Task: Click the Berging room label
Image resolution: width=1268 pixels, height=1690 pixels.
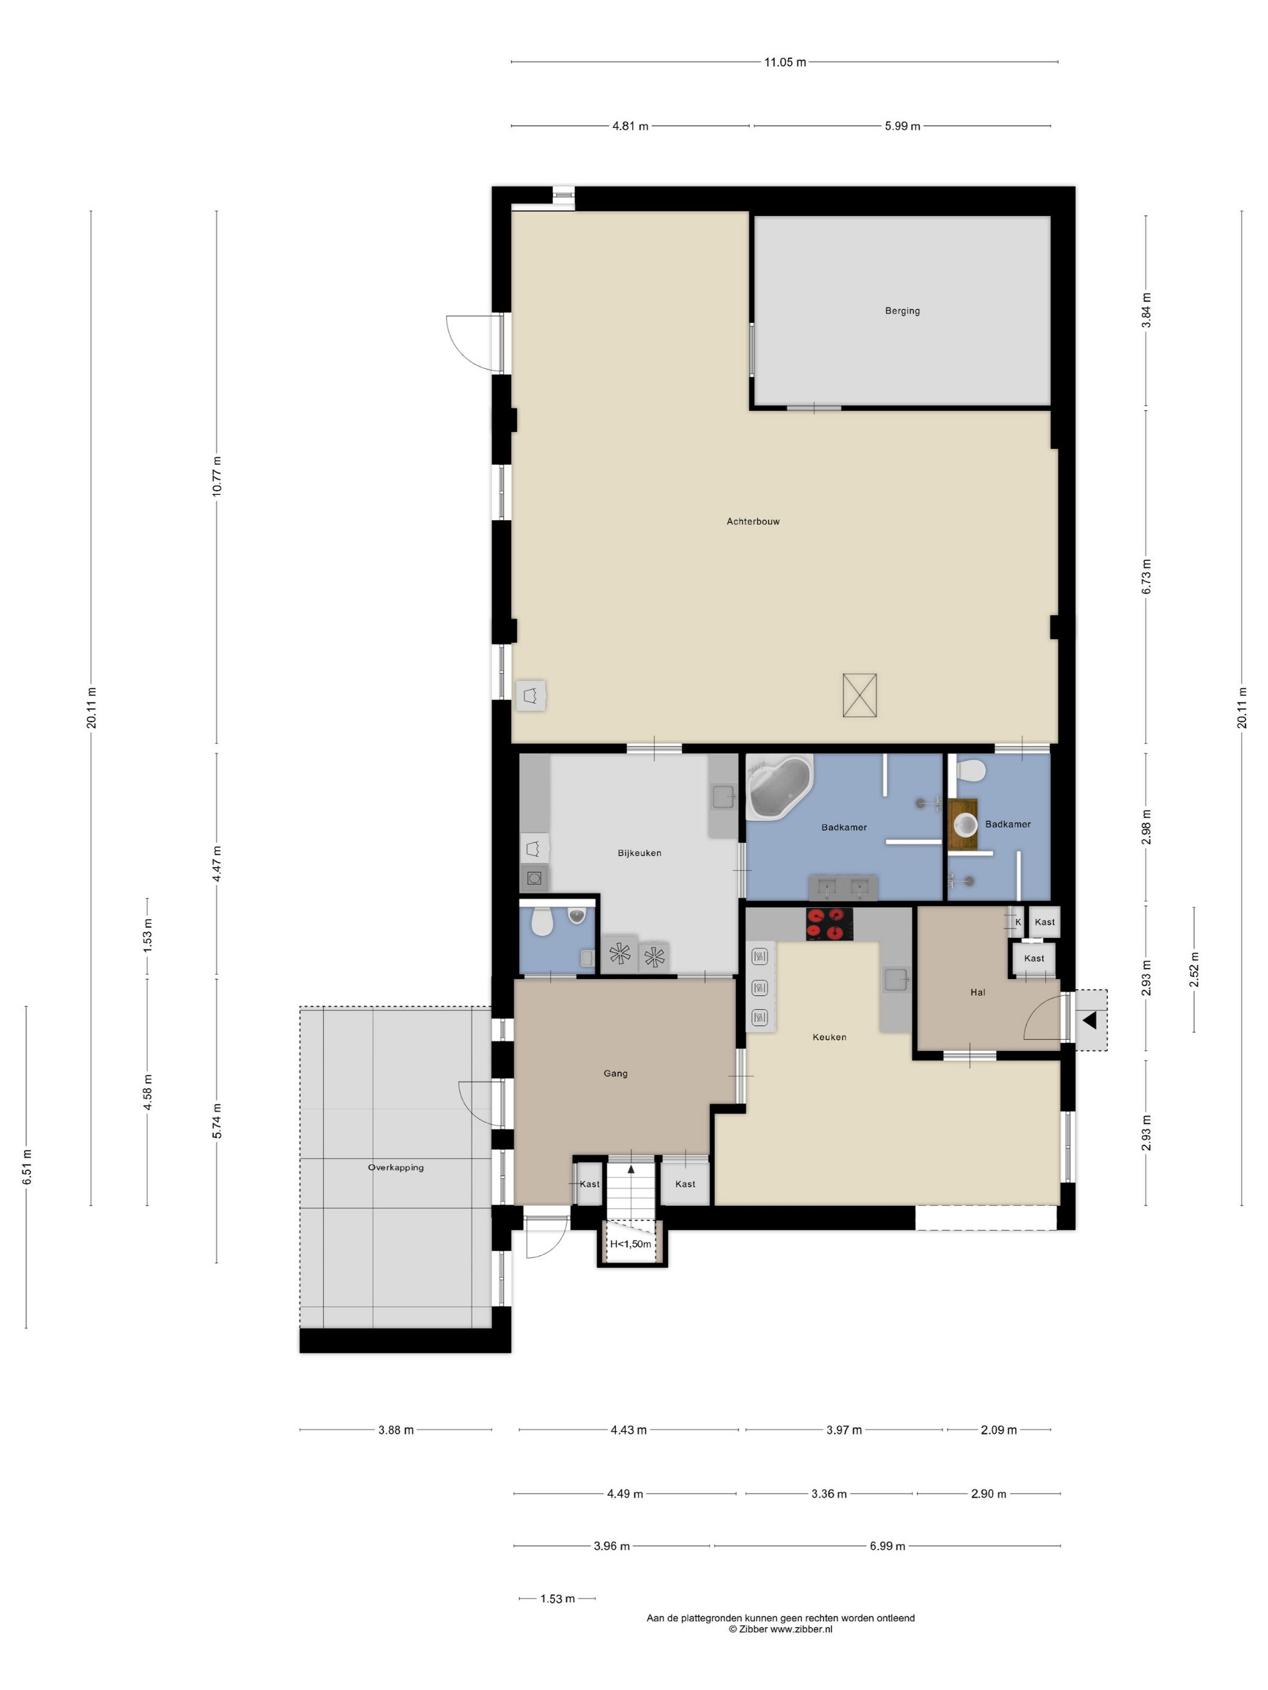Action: [x=902, y=311]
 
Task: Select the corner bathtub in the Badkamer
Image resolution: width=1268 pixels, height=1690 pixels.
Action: [x=778, y=787]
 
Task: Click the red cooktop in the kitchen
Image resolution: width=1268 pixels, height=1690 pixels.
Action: [x=829, y=923]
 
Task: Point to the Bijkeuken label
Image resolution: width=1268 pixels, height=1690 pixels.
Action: [x=639, y=853]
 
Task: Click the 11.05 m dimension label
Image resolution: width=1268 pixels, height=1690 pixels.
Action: [x=785, y=63]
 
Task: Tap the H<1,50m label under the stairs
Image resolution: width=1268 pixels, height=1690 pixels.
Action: [x=630, y=1244]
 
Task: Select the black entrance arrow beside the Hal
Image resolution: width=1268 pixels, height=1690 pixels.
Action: [x=1089, y=1020]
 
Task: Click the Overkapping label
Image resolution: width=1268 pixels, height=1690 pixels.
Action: [x=395, y=1167]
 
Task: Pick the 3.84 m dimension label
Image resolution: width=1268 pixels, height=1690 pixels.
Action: [x=1145, y=311]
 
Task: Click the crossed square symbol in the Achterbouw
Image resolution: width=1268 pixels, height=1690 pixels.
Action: [x=859, y=695]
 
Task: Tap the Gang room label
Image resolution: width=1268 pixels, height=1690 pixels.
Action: [x=615, y=1073]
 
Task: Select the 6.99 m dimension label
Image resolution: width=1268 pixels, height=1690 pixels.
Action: [x=886, y=1546]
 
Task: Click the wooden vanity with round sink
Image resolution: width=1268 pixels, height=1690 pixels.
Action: [x=963, y=824]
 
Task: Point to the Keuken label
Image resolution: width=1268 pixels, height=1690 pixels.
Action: [x=829, y=1038]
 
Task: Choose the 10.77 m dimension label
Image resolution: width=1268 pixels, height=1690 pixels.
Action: [x=217, y=477]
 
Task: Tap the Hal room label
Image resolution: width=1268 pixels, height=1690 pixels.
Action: [x=978, y=992]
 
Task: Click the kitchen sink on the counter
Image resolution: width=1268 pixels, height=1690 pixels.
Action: [x=895, y=979]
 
